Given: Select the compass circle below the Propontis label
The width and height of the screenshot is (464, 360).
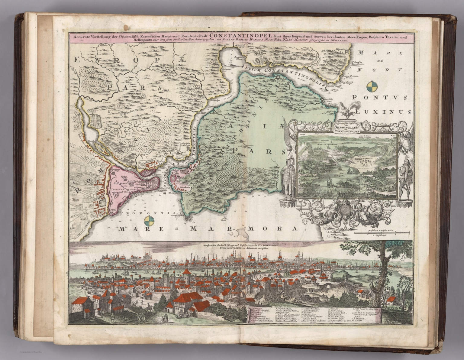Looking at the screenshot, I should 148,221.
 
